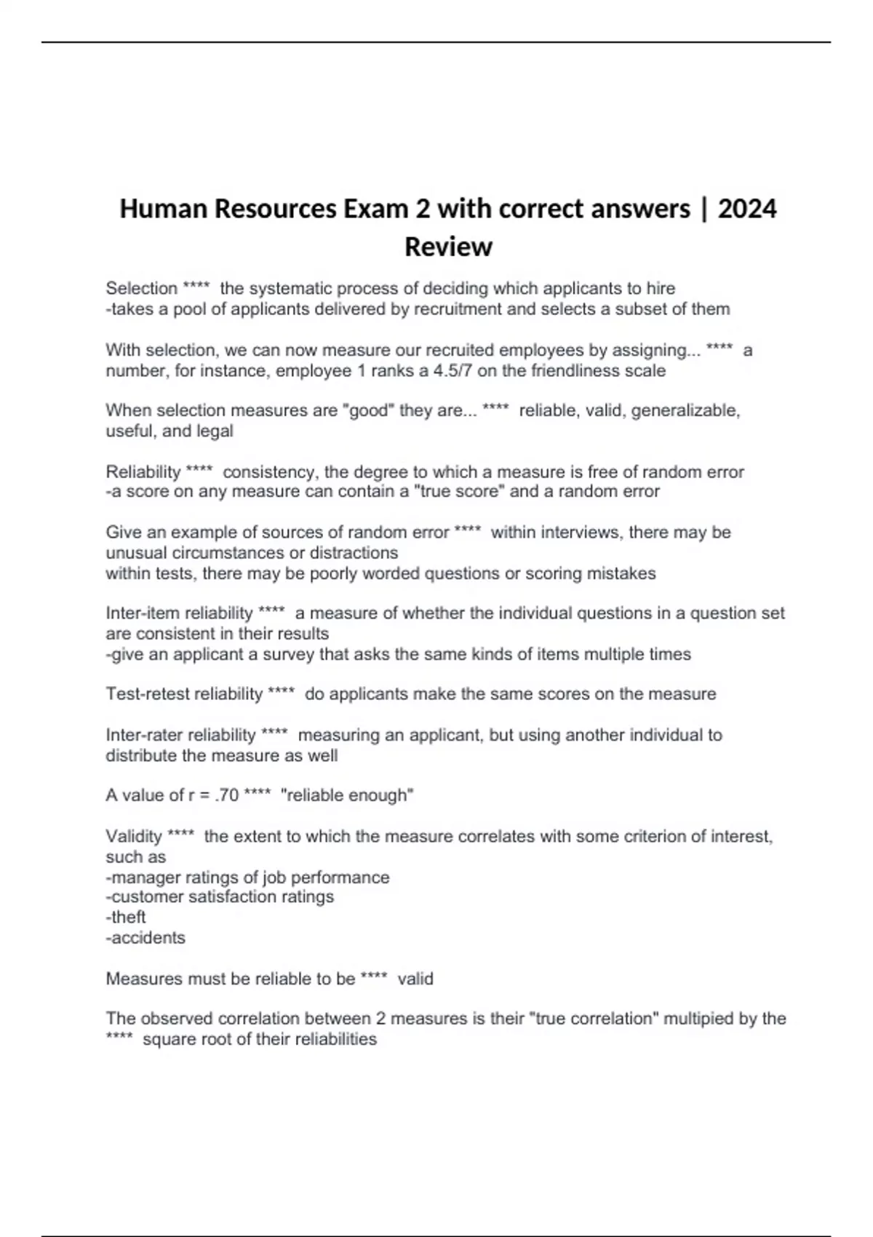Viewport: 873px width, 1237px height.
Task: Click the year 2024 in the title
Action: click(x=747, y=209)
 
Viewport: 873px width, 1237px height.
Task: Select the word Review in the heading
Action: click(x=448, y=247)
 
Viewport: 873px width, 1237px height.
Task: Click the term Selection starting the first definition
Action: click(x=142, y=288)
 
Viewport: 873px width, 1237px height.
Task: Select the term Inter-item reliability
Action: click(x=179, y=613)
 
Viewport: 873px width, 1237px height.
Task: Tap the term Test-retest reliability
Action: click(x=184, y=694)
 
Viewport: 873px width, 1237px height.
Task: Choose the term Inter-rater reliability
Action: click(x=180, y=735)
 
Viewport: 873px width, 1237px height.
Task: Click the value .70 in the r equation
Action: click(x=227, y=795)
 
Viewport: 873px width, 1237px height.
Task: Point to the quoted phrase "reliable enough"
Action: click(x=347, y=795)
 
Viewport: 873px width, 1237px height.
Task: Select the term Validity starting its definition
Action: click(x=134, y=836)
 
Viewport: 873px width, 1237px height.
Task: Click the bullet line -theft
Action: click(x=126, y=917)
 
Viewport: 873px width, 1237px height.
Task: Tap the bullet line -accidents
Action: click(x=145, y=937)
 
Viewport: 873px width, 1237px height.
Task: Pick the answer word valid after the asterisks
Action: click(x=415, y=979)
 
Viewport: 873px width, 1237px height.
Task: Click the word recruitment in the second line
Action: click(x=456, y=309)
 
